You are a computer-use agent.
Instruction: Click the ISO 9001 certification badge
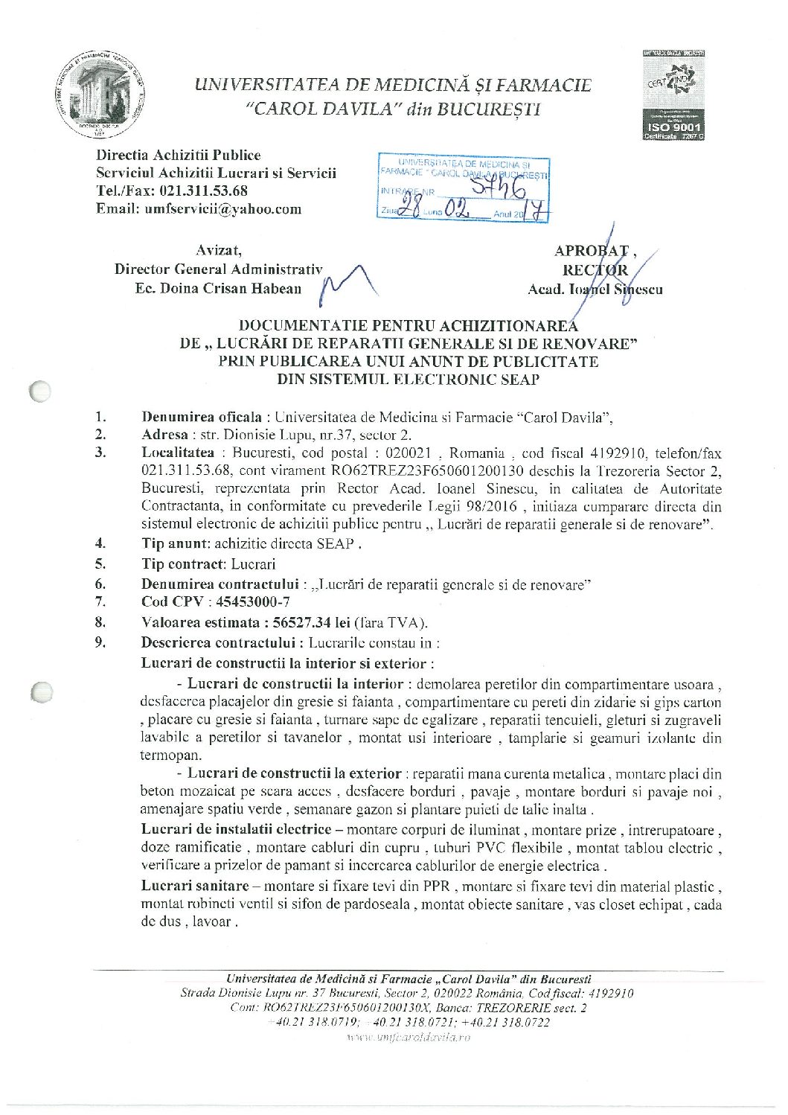[x=674, y=96]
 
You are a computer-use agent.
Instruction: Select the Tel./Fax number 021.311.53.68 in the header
[x=204, y=191]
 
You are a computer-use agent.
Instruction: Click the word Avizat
[x=218, y=251]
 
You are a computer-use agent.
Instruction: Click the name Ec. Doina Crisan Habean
[x=218, y=288]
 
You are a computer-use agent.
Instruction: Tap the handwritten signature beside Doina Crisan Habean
[x=346, y=287]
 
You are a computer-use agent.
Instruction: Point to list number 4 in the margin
[x=100, y=543]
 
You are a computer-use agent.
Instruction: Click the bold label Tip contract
[x=183, y=564]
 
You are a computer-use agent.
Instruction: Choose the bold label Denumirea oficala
[x=202, y=417]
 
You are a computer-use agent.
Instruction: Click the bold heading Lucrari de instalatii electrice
[x=236, y=829]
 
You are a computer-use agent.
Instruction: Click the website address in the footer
[x=409, y=1038]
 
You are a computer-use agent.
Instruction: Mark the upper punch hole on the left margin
[x=41, y=392]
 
